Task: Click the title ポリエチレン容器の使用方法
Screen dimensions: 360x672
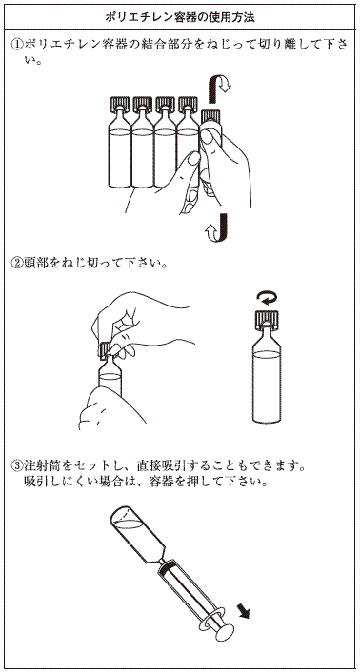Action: [x=180, y=17]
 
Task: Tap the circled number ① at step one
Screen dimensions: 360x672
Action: [x=17, y=43]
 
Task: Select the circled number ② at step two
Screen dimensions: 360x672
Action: [x=17, y=262]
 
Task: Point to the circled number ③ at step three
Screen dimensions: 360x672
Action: [x=17, y=464]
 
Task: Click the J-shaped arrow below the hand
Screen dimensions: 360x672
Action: [x=218, y=227]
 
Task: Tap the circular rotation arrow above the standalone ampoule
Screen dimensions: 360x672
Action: [x=266, y=297]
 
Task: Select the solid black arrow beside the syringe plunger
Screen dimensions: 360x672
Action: [x=243, y=608]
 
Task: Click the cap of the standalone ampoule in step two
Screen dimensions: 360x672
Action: [x=267, y=319]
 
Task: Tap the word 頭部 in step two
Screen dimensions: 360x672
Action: [x=35, y=262]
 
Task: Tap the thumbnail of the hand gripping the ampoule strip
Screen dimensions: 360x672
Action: [x=194, y=159]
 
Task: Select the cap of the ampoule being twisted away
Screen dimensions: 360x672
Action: [x=210, y=116]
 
